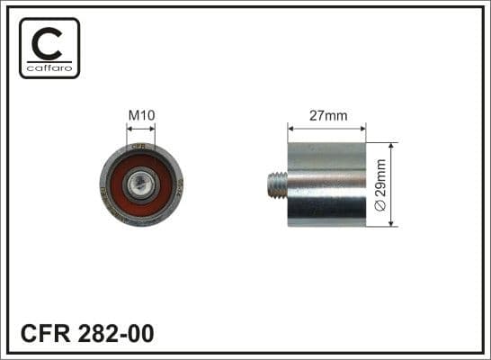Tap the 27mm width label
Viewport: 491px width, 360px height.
[326, 115]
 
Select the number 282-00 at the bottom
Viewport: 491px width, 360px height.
[116, 333]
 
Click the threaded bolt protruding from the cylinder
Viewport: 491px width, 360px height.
[278, 184]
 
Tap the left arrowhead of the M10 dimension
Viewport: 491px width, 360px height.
[128, 129]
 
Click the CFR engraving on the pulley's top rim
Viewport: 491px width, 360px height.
[139, 147]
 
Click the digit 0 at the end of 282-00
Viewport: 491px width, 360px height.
[146, 333]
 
